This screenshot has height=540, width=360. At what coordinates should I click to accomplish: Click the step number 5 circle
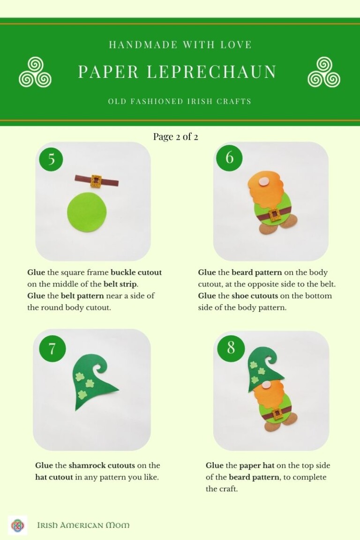[x=52, y=159]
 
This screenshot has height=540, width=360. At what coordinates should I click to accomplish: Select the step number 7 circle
[x=52, y=349]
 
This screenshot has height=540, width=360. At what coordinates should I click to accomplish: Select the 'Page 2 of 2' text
[x=175, y=137]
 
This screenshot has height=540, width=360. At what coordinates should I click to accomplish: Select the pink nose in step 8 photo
[x=266, y=385]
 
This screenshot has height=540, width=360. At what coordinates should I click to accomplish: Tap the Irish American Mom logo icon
[x=17, y=525]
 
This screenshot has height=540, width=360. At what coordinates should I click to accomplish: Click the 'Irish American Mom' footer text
[x=83, y=525]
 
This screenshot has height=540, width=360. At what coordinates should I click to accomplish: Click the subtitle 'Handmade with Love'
[x=180, y=45]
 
